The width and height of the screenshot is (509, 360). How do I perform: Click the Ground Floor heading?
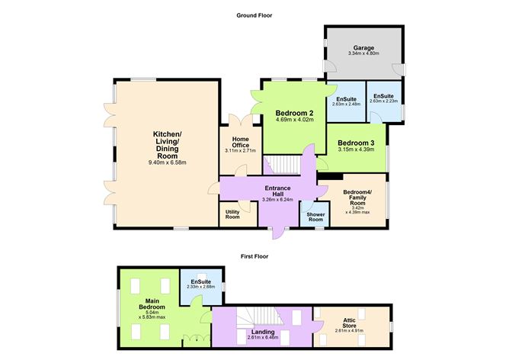(255, 15)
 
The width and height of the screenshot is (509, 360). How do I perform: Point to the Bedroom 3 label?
(356, 143)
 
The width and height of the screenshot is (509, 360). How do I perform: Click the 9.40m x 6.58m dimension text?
(167, 162)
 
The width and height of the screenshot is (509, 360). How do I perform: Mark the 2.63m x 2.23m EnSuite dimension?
(383, 101)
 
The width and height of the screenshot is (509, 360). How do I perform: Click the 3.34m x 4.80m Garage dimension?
(363, 54)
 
